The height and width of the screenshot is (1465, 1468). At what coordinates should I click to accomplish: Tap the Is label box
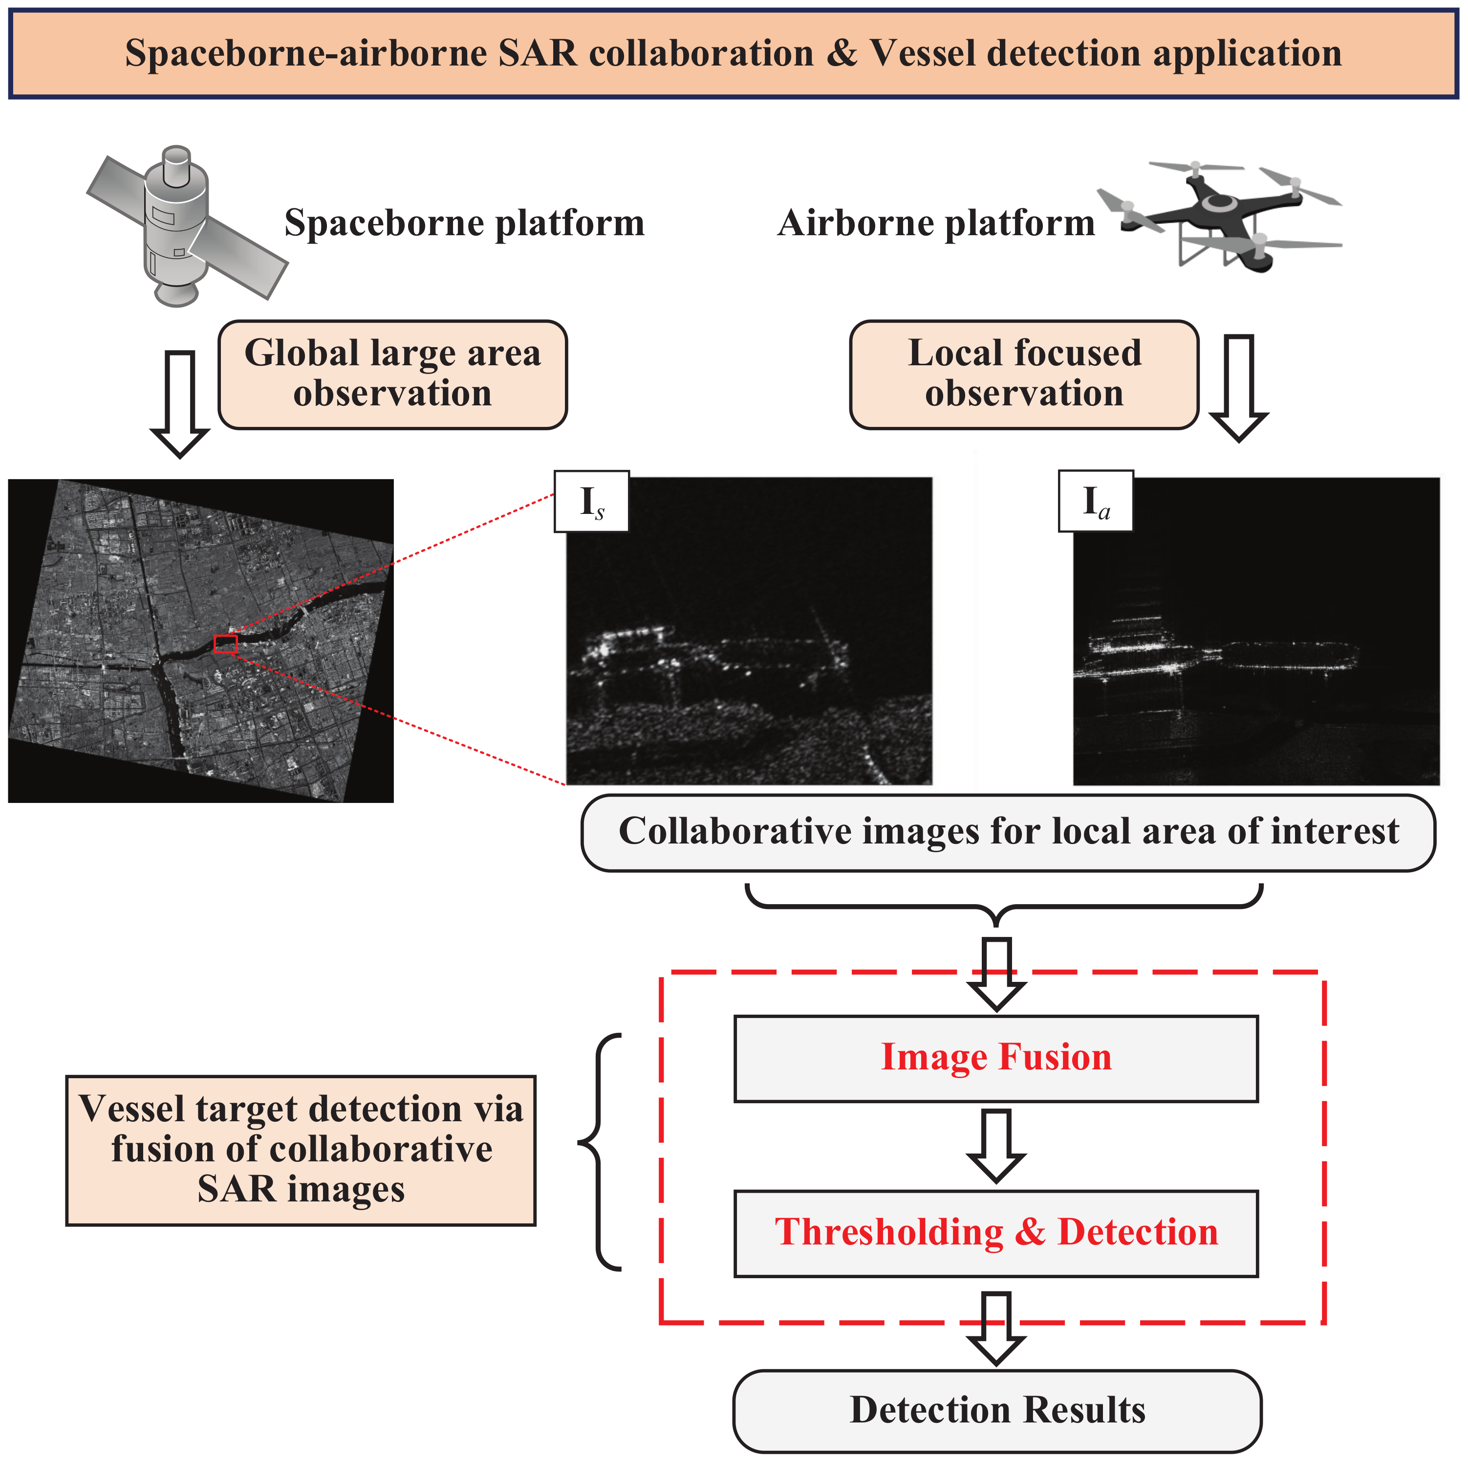[592, 501]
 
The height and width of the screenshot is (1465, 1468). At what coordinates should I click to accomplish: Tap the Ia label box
[1095, 501]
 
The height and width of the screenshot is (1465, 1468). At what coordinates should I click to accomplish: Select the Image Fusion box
[995, 1058]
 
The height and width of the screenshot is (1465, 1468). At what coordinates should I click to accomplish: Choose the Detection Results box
[997, 1410]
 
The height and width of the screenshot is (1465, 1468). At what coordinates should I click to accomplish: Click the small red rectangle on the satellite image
[226, 644]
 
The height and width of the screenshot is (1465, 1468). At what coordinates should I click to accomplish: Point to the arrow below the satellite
[180, 403]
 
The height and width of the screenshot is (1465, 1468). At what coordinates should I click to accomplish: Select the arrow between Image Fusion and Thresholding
[996, 1145]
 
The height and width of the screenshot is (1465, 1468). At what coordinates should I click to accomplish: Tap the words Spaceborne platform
[464, 223]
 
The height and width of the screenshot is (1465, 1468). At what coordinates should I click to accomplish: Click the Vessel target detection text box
[301, 1150]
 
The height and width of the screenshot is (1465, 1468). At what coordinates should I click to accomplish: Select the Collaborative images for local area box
[1008, 832]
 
